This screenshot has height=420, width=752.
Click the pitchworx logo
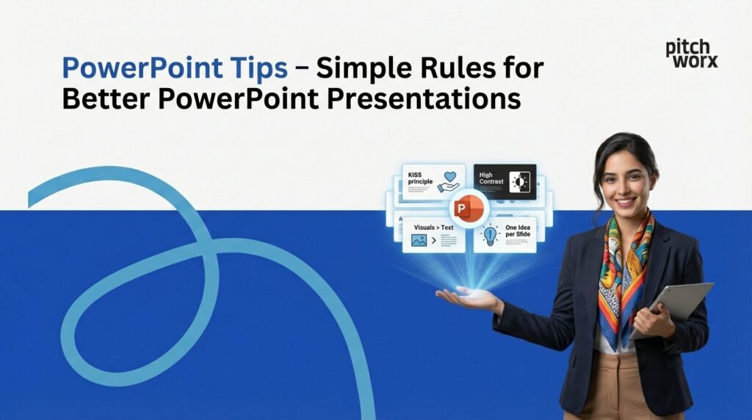(x=691, y=54)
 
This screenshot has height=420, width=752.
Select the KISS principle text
(x=421, y=178)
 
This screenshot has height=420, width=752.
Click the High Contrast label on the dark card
(x=490, y=178)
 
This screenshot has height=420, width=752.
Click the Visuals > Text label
(x=433, y=228)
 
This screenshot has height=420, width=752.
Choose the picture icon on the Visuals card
(x=419, y=240)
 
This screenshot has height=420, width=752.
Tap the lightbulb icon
(x=488, y=236)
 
